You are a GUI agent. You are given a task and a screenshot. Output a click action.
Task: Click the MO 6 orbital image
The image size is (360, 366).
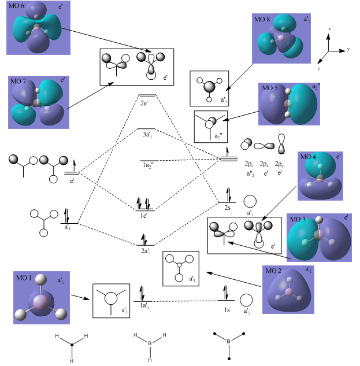pyautogui.click(x=36, y=31)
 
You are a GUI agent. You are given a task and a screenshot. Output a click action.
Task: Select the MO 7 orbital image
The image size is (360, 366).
pyautogui.click(x=36, y=102)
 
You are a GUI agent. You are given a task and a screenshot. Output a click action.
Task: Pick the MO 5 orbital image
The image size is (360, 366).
pyautogui.click(x=290, y=112)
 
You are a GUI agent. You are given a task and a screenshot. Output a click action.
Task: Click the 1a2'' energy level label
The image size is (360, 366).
pyautogui.click(x=150, y=166)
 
